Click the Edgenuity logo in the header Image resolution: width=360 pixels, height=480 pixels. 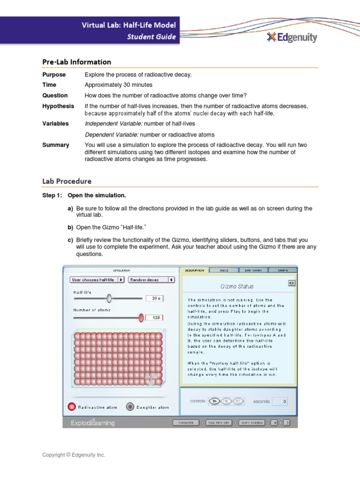[292, 37]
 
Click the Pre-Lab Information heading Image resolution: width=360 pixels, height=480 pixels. [76, 62]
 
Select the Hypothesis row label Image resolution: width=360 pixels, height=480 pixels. [58, 106]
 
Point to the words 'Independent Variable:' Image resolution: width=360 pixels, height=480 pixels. [113, 124]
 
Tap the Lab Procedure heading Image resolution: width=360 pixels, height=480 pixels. [67, 181]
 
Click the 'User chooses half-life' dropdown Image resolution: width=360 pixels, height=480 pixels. [97, 279]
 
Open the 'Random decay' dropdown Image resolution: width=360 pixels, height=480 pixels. [151, 279]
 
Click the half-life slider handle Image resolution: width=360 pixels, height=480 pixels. [109, 298]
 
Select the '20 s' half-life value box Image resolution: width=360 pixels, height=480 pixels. [155, 298]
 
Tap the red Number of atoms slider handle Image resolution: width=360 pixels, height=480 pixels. [141, 317]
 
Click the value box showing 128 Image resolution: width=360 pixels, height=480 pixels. [155, 317]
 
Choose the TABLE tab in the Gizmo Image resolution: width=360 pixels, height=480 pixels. [224, 270]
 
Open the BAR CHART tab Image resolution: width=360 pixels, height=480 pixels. [253, 270]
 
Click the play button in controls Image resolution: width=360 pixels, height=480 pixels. [214, 401]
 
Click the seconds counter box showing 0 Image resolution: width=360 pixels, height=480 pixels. [279, 401]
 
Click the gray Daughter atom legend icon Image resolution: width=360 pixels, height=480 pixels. [130, 407]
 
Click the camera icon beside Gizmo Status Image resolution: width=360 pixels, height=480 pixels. [291, 283]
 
